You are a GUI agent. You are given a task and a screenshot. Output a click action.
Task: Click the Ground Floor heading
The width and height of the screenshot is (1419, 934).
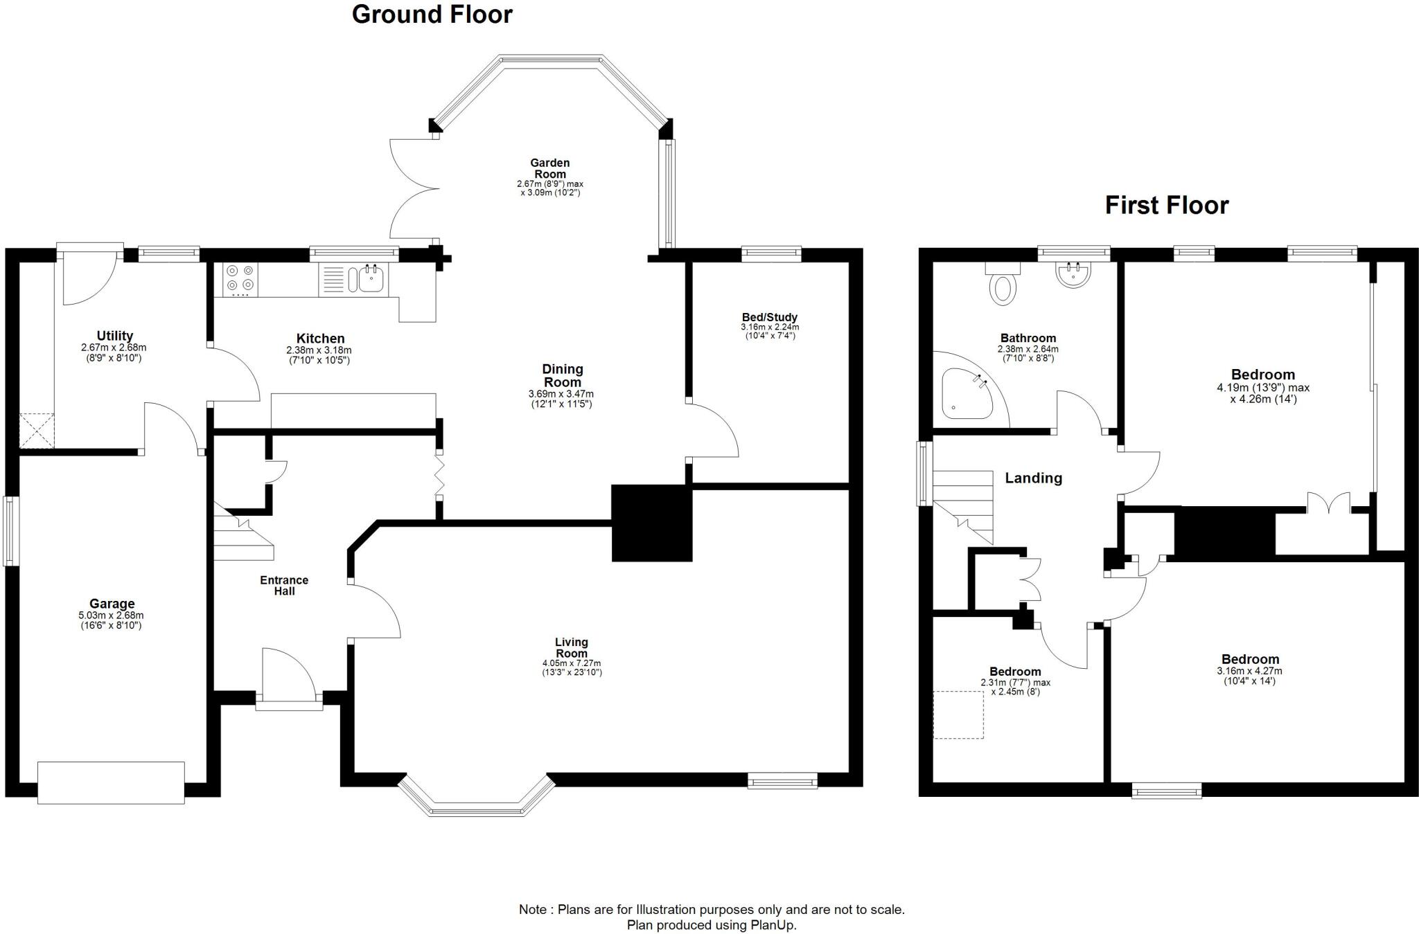[x=432, y=15]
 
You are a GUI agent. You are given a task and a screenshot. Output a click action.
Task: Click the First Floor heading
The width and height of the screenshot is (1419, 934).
[x=1166, y=206]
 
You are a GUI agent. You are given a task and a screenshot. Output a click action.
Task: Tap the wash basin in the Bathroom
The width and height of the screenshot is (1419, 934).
[x=1073, y=275]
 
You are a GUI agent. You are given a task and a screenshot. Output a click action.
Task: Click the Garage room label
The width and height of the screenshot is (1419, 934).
[x=112, y=604]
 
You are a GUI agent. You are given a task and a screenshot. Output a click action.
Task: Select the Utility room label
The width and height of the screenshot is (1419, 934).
[x=114, y=336]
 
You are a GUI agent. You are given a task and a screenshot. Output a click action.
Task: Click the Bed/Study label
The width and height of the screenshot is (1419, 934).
[x=769, y=317]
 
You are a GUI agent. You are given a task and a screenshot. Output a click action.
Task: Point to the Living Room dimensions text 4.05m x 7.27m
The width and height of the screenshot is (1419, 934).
[x=572, y=663]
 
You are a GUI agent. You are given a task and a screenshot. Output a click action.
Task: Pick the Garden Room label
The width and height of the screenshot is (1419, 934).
[x=550, y=168]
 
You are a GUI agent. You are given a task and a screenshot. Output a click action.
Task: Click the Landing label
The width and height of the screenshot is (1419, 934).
[x=1033, y=478]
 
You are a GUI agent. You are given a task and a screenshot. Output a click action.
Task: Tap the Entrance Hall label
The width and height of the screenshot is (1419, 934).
[x=284, y=586]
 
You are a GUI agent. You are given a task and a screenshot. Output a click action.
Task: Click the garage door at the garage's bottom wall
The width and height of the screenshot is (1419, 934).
[x=111, y=782]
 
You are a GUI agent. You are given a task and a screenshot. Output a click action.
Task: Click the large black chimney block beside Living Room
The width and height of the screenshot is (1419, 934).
[x=651, y=523]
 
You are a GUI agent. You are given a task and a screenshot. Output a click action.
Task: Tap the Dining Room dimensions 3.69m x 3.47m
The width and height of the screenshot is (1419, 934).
[x=561, y=394]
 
